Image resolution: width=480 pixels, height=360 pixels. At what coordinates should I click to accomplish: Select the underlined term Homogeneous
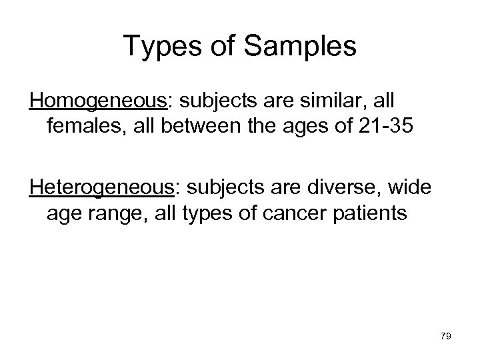(99, 101)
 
